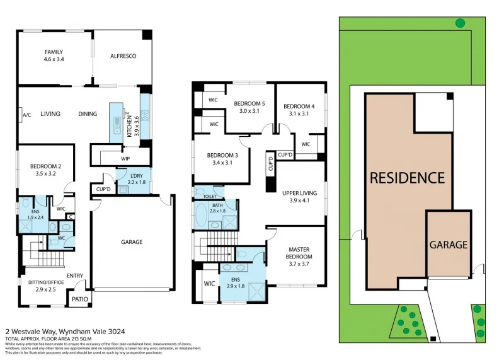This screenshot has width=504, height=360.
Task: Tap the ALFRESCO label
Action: point(123,56)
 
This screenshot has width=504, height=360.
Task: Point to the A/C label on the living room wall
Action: point(27,115)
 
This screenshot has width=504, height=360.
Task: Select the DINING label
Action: point(88,114)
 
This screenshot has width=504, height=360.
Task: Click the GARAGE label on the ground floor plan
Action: point(132,242)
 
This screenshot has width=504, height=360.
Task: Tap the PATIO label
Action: point(80,299)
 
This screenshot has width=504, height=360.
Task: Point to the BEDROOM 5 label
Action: point(250,103)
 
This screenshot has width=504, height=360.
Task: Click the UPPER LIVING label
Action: point(299,193)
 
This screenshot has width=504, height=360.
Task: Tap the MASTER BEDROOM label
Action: point(299,253)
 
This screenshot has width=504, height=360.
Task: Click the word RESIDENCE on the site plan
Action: point(407,178)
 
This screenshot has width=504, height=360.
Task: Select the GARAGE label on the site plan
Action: point(449,245)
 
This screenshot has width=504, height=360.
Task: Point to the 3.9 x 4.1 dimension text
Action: point(299,200)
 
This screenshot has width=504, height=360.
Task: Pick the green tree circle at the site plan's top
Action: point(461,23)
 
